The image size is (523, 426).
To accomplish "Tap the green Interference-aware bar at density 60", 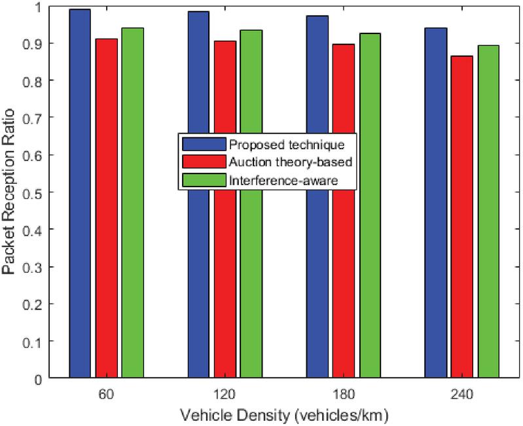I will click(132, 203).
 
